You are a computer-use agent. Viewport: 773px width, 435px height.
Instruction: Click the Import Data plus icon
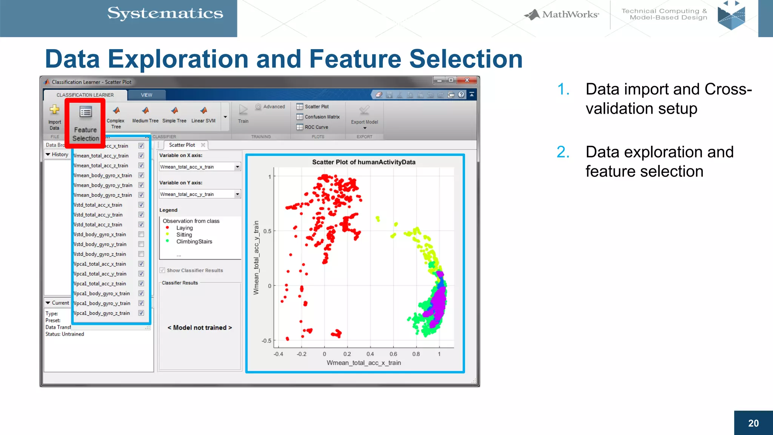(54, 110)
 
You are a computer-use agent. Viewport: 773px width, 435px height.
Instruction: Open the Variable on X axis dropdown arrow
(237, 167)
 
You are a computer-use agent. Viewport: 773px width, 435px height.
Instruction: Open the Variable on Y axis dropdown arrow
(237, 194)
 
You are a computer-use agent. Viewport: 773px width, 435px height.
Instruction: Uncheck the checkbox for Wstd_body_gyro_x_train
(141, 234)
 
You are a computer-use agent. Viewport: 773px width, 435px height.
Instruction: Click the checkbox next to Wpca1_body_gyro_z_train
(141, 313)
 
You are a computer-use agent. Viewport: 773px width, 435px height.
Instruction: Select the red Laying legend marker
(168, 228)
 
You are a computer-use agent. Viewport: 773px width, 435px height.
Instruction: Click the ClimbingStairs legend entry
(194, 242)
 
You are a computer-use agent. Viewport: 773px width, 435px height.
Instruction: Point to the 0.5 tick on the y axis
(267, 231)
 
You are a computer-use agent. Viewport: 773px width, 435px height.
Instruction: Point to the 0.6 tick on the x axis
(393, 354)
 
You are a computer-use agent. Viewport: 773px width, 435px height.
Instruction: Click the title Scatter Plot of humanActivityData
(363, 162)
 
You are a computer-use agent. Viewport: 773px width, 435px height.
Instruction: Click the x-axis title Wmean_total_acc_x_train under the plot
(363, 363)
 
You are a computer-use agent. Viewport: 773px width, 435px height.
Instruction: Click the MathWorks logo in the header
(562, 15)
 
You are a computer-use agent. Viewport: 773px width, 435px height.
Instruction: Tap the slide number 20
(753, 423)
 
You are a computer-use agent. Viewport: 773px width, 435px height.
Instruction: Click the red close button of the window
(467, 80)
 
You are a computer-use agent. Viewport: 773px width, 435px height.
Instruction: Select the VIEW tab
(146, 95)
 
